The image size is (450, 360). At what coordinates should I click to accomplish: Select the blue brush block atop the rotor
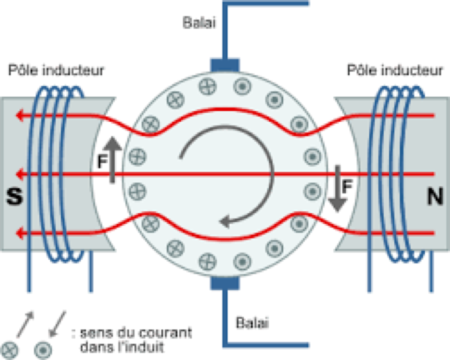pyautogui.click(x=225, y=65)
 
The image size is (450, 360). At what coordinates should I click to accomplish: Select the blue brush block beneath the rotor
pyautogui.click(x=225, y=284)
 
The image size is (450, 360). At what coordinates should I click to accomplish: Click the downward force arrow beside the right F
pyautogui.click(x=337, y=188)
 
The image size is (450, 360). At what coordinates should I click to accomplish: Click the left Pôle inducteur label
pyautogui.click(x=56, y=71)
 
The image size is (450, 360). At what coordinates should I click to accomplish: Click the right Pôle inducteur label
pyautogui.click(x=395, y=71)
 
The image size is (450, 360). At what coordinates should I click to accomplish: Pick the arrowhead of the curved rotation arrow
pyautogui.click(x=224, y=222)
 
